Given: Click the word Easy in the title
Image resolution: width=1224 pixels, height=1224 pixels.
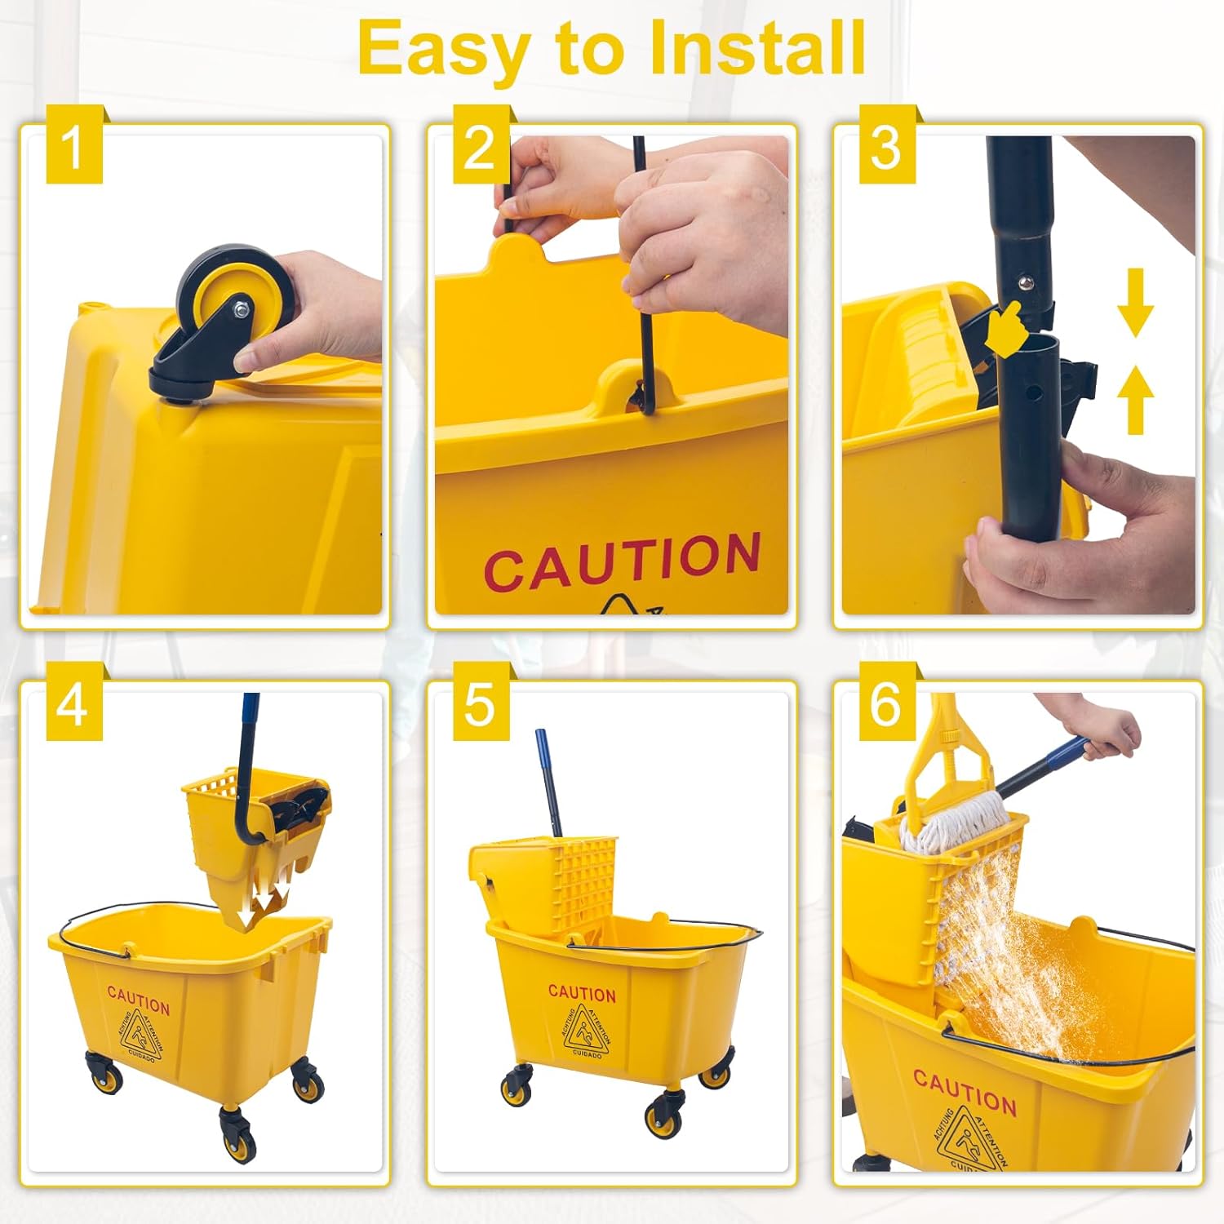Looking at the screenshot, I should pos(444,49).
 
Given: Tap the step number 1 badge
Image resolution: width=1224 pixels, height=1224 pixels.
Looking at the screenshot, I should pos(73,147).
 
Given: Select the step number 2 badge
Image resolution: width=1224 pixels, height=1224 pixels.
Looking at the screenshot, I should pos(481,147).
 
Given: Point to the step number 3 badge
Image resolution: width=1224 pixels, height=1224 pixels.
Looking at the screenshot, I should pos(886,147).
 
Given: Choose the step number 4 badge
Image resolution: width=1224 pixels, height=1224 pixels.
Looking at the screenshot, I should pos(73,703).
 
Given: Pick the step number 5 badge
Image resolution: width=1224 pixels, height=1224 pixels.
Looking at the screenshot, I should pos(481,703).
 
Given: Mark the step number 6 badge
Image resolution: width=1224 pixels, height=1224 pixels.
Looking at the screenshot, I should pos(886,703).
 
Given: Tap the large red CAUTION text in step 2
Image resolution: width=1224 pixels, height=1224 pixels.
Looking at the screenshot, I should pos(622,561).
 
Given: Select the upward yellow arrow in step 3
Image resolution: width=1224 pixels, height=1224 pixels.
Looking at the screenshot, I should pos(1135,400).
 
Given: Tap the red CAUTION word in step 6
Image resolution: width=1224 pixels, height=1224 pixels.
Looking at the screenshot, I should pos(965,1093).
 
